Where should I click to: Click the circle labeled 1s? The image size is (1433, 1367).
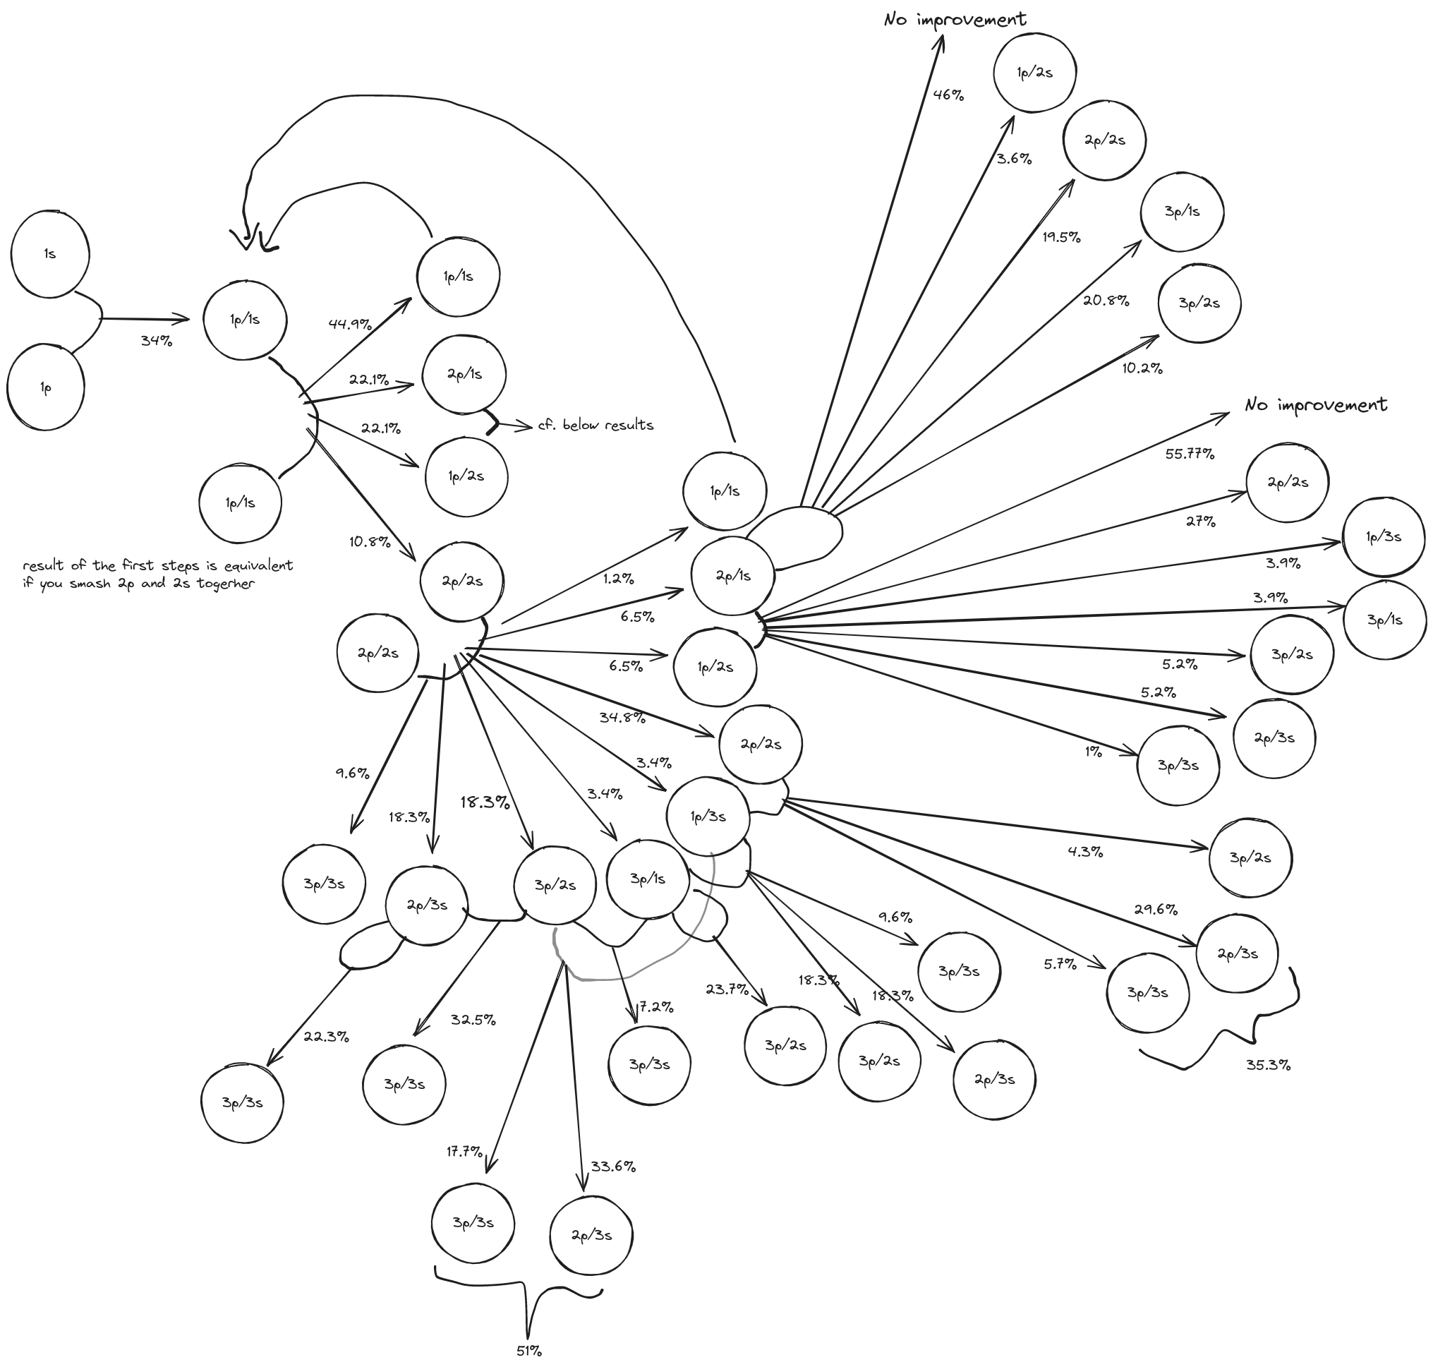(x=49, y=254)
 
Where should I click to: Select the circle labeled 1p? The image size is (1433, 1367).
(x=46, y=388)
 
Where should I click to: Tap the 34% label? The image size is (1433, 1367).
(x=157, y=340)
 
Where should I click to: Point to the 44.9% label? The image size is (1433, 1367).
(x=350, y=323)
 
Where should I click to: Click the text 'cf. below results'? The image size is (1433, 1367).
(x=595, y=425)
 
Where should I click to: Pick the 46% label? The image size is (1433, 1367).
(x=948, y=94)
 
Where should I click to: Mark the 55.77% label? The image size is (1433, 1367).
(x=1190, y=454)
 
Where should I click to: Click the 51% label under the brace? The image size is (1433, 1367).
(x=529, y=1350)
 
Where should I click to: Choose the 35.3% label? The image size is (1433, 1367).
(x=1269, y=1065)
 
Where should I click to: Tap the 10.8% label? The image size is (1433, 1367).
(x=369, y=542)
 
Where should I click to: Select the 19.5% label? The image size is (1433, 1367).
(x=1060, y=237)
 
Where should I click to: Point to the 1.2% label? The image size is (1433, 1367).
(x=619, y=579)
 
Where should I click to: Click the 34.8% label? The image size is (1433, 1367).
(x=622, y=717)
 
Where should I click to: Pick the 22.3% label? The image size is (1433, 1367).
(x=326, y=1036)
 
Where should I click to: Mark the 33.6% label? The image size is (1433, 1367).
(x=612, y=1167)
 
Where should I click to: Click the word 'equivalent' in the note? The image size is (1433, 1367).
(x=260, y=565)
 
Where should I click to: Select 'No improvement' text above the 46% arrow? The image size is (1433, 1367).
(x=955, y=20)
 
